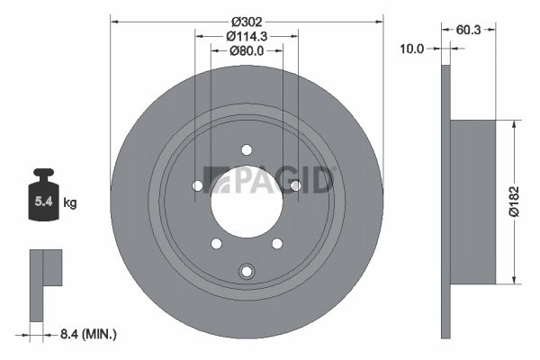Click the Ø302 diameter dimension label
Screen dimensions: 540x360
pos(247,22)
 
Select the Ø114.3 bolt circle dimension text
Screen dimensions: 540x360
pos(247,36)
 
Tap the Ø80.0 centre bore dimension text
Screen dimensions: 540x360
pos(247,50)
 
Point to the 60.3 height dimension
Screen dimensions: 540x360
pos(468,30)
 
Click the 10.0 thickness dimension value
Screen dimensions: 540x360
pos(411,49)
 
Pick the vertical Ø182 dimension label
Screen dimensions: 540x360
pos(514,202)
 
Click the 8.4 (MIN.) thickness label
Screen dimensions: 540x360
pos(88,334)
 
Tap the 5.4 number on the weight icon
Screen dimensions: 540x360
pos(44,202)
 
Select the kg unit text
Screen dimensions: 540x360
pos(70,202)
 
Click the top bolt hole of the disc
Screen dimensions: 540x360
pos(247,150)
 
